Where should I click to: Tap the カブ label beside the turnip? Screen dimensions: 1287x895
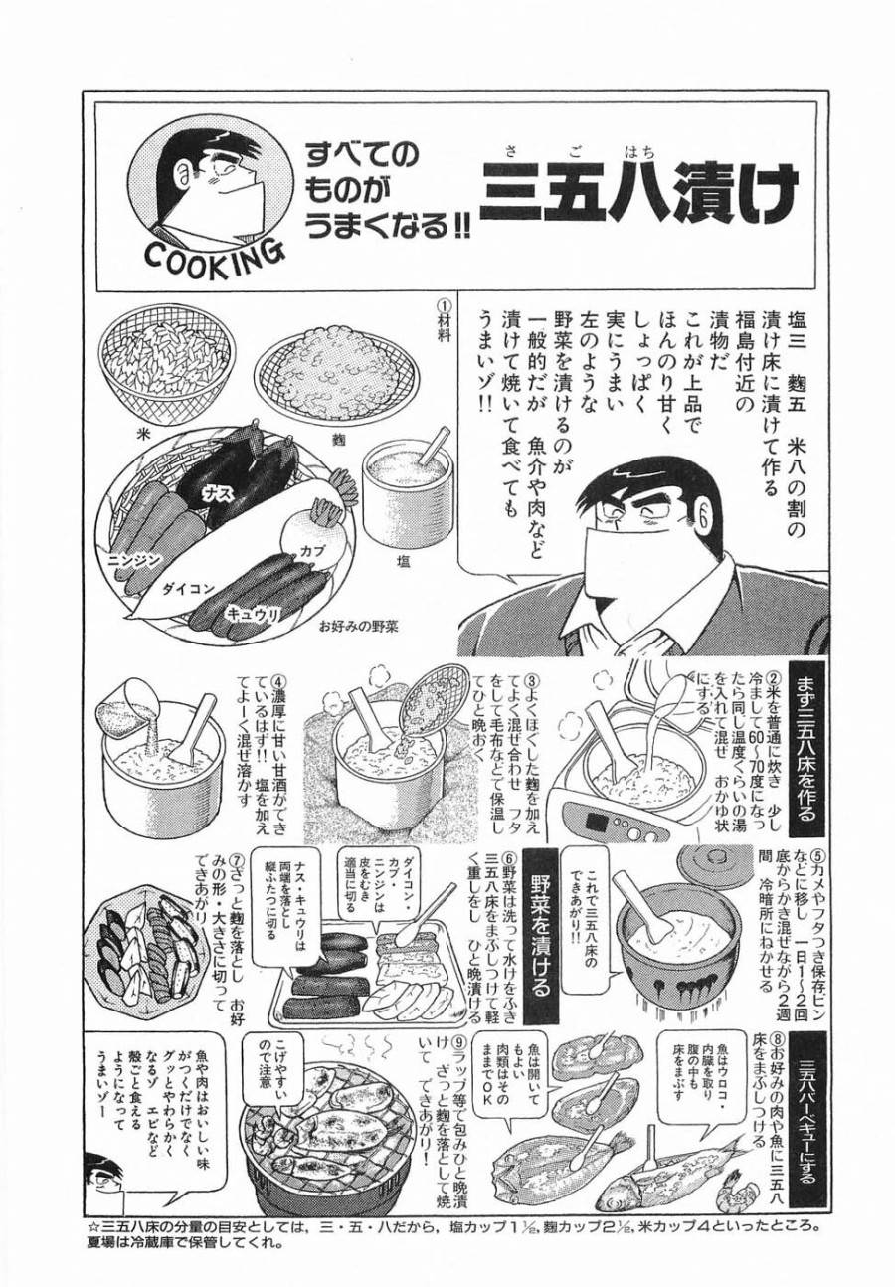click(303, 548)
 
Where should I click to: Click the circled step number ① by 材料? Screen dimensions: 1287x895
click(444, 304)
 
